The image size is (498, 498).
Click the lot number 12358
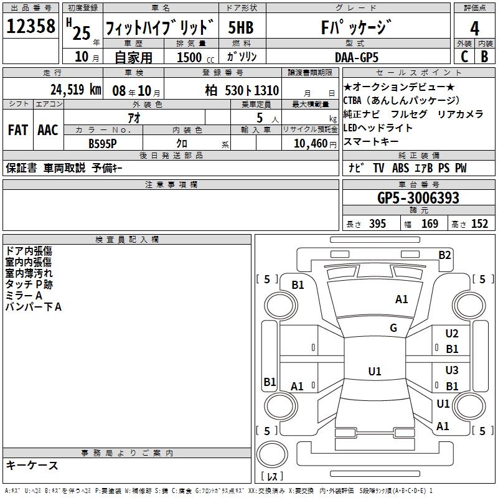click(31, 27)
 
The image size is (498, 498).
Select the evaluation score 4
click(474, 28)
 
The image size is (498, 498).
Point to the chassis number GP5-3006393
click(418, 198)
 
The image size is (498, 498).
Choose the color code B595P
click(103, 143)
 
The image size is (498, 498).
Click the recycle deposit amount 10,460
click(309, 143)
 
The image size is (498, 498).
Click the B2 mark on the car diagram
click(444, 255)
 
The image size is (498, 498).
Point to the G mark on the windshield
click(393, 328)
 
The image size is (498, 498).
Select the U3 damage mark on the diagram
click(452, 370)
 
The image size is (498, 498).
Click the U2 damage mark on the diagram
click(452, 334)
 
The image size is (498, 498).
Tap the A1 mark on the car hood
click(402, 299)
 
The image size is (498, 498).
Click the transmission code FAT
click(17, 129)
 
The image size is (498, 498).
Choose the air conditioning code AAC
click(48, 129)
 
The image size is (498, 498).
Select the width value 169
click(430, 224)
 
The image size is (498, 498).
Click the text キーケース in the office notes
click(32, 466)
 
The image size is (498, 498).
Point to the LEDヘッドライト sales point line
click(378, 128)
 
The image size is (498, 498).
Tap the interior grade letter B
click(484, 57)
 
